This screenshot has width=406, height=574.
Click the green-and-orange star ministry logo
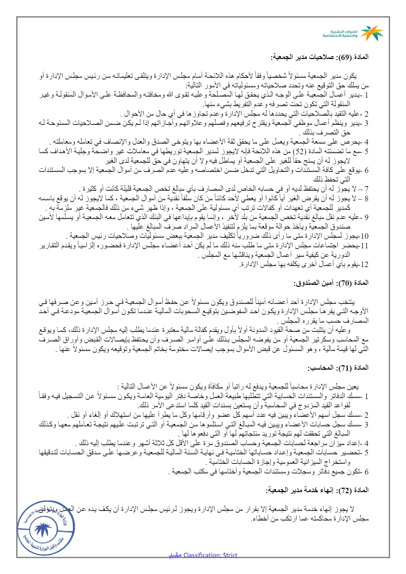click(x=372, y=33)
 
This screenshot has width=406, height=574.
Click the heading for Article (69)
click(x=320, y=57)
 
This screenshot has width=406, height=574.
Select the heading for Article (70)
click(x=331, y=283)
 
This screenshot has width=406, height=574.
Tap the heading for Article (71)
click(x=338, y=368)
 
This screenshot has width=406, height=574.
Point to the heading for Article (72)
click(x=317, y=490)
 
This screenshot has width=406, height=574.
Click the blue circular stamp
click(x=46, y=528)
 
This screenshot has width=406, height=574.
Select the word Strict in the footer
click(x=230, y=555)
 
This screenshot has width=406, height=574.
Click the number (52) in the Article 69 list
click(x=299, y=151)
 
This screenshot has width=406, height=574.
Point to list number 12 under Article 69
click(x=364, y=264)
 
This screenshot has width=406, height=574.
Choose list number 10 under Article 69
click(x=364, y=236)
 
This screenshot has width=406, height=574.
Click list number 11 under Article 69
click(x=364, y=246)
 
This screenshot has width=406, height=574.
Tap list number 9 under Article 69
click(x=366, y=217)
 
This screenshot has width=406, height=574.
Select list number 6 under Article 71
click(x=366, y=472)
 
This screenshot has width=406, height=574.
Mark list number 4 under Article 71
click(x=366, y=443)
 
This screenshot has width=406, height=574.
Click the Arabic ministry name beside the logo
click(x=340, y=33)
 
